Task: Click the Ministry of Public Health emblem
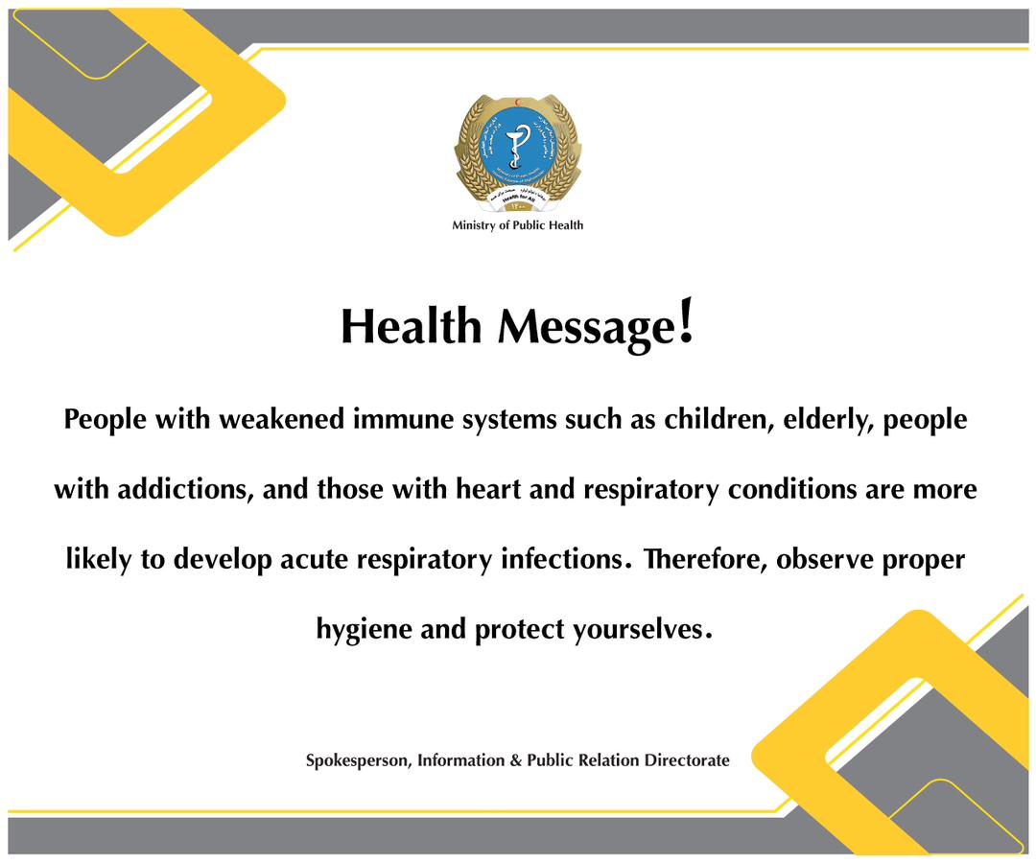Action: (517, 152)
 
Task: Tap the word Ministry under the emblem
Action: (474, 225)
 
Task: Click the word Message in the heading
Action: (584, 328)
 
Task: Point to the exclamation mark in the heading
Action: (685, 323)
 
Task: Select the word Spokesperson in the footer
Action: (358, 760)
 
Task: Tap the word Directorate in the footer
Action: (685, 760)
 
